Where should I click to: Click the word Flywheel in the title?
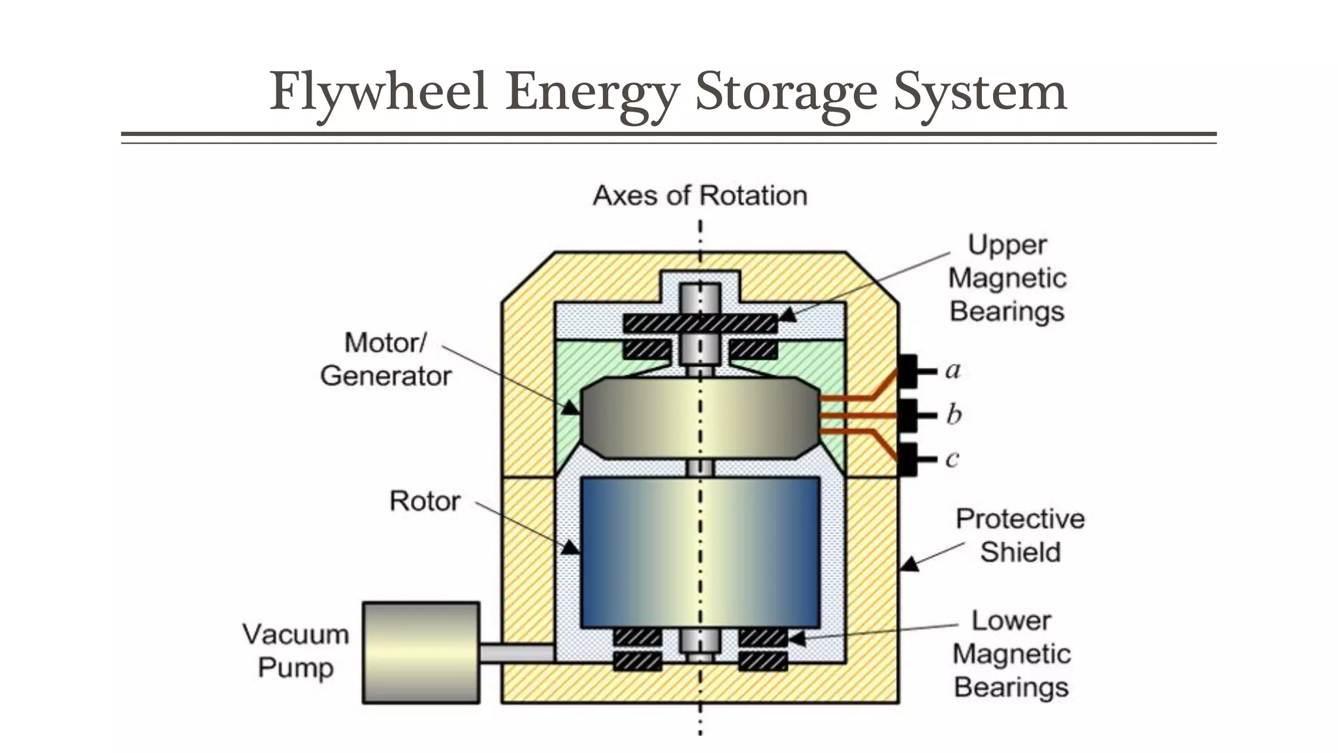[379, 92]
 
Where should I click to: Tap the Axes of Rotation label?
[700, 195]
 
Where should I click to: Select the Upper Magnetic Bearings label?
[1007, 278]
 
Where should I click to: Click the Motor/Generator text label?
[385, 360]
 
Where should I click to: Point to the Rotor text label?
[425, 501]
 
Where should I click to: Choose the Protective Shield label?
[1019, 535]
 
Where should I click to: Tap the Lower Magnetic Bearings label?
[1011, 654]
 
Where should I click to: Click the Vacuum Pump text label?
[296, 651]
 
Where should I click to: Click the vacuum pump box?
[421, 652]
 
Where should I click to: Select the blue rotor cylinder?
[700, 552]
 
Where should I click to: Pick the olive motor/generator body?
[700, 418]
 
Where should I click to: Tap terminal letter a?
[953, 370]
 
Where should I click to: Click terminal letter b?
[954, 414]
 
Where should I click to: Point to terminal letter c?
[953, 459]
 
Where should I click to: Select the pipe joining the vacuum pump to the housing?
[517, 653]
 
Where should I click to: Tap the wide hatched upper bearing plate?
[700, 324]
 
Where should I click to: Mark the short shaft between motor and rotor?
[700, 467]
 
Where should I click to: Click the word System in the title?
[980, 92]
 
